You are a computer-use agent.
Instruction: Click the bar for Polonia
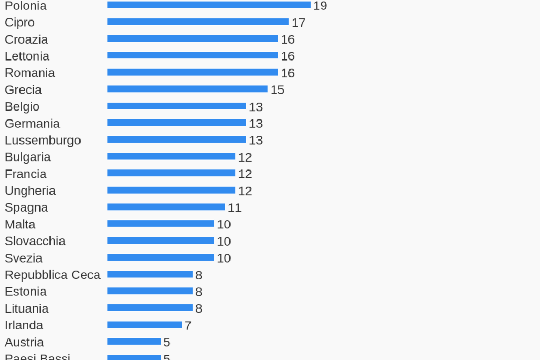click(209, 5)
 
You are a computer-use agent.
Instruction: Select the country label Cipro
click(19, 23)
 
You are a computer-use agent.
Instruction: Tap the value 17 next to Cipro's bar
click(298, 23)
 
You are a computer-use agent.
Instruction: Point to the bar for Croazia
click(193, 38)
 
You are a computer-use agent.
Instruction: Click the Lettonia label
click(27, 56)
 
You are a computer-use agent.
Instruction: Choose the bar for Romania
click(193, 72)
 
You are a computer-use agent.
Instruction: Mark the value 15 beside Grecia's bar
click(277, 90)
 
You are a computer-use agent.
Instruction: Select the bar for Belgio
click(177, 106)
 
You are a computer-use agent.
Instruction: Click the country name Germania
click(32, 124)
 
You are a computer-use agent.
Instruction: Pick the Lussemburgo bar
click(177, 139)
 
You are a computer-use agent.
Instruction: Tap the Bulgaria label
click(28, 157)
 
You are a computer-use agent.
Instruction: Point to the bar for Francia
click(172, 173)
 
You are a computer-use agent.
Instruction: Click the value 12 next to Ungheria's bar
click(245, 191)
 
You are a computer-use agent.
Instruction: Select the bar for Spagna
click(166, 207)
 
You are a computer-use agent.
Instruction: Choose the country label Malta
click(20, 225)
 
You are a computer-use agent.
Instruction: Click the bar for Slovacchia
click(161, 241)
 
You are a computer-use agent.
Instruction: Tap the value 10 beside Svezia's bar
click(224, 258)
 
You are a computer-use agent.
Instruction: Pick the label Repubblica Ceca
click(53, 275)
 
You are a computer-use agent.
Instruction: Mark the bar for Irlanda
click(145, 325)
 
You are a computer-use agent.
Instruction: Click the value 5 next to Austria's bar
click(167, 343)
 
